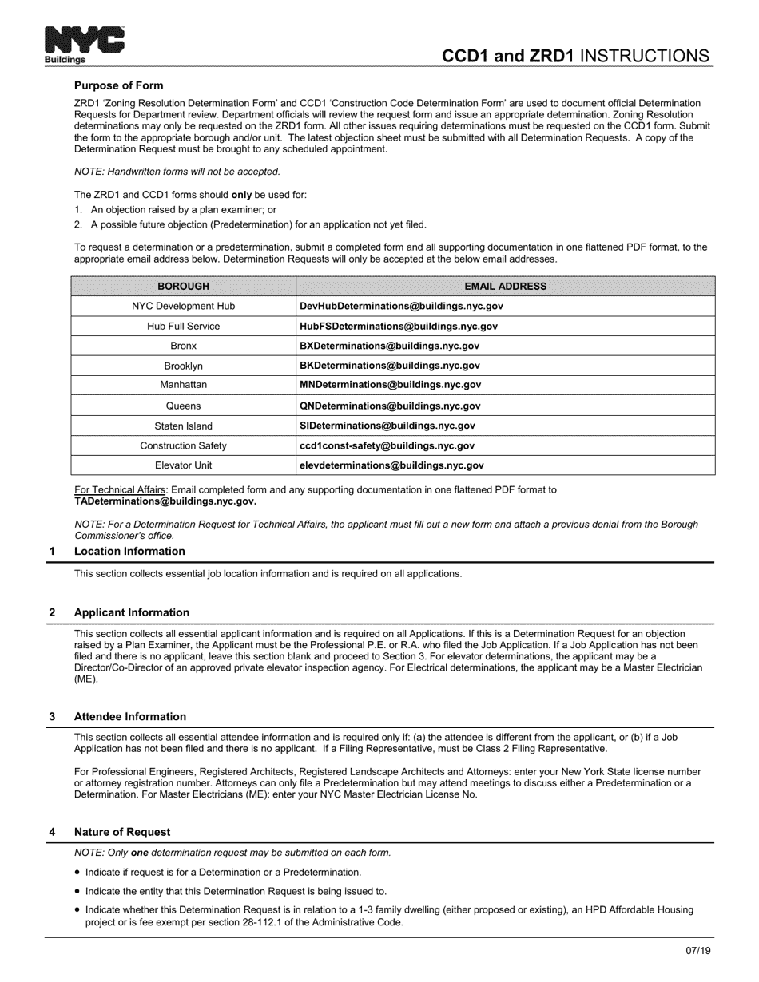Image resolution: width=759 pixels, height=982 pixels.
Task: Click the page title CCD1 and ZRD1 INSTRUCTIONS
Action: pyautogui.click(x=575, y=55)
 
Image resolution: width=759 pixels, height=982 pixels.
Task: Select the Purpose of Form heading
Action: pyautogui.click(x=118, y=85)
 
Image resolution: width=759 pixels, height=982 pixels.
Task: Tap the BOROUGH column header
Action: pyautogui.click(x=183, y=286)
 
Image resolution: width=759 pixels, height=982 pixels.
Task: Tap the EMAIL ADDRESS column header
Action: pyautogui.click(x=505, y=286)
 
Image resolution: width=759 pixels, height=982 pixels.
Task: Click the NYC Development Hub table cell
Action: pyautogui.click(x=183, y=306)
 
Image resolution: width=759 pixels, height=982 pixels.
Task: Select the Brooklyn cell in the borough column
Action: pyautogui.click(x=183, y=366)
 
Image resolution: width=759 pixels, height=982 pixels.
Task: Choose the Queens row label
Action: pyautogui.click(x=183, y=406)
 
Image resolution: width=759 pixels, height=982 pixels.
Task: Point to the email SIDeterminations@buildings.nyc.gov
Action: pyautogui.click(x=387, y=426)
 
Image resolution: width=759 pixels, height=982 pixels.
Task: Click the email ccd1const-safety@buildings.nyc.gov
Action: pyautogui.click(x=387, y=445)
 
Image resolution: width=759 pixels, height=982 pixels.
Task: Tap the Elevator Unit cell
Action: pyautogui.click(x=183, y=465)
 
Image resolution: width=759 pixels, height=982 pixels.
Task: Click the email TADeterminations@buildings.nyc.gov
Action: pyautogui.click(x=165, y=501)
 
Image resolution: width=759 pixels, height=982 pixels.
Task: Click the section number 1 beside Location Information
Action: pyautogui.click(x=52, y=552)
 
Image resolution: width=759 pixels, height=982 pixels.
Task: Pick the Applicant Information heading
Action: pyautogui.click(x=132, y=613)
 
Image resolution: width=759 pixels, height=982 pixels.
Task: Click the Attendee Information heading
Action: pyautogui.click(x=130, y=717)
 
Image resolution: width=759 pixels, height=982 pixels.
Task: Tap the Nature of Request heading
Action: pyautogui.click(x=122, y=832)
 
